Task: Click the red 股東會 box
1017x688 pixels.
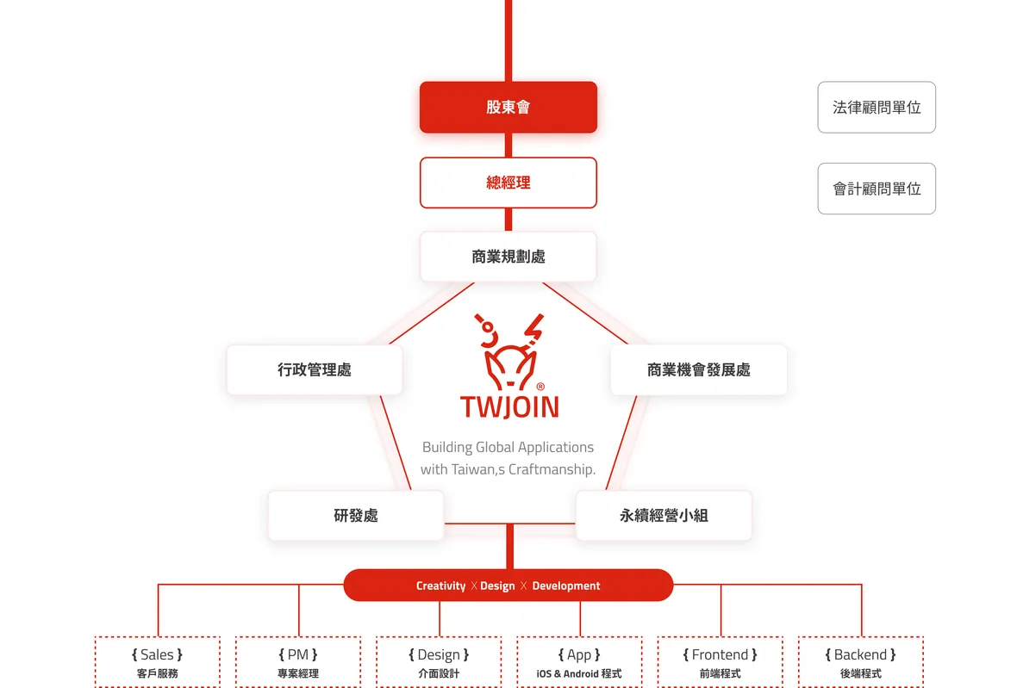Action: coord(508,108)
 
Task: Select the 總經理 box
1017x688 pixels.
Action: coord(508,183)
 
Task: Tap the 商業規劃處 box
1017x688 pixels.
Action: coord(508,257)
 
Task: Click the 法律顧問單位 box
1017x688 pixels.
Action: coord(876,108)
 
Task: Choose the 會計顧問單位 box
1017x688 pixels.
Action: coord(876,189)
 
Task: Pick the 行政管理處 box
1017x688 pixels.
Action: coord(314,370)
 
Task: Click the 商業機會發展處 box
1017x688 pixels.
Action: coord(698,370)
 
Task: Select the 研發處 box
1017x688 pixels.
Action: coord(355,516)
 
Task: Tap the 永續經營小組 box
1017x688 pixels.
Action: coord(664,516)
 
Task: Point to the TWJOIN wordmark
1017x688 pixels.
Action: coord(508,406)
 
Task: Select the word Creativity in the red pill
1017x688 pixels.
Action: coord(440,586)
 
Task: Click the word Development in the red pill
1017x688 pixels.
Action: coord(565,586)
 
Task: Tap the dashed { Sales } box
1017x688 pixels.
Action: coord(157,662)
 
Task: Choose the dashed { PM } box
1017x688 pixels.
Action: coord(298,662)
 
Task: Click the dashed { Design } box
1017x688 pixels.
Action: coord(439,662)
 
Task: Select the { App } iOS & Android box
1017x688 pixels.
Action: coord(579,662)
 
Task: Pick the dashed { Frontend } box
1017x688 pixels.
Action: coord(720,662)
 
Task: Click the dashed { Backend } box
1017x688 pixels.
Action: coord(860,662)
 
